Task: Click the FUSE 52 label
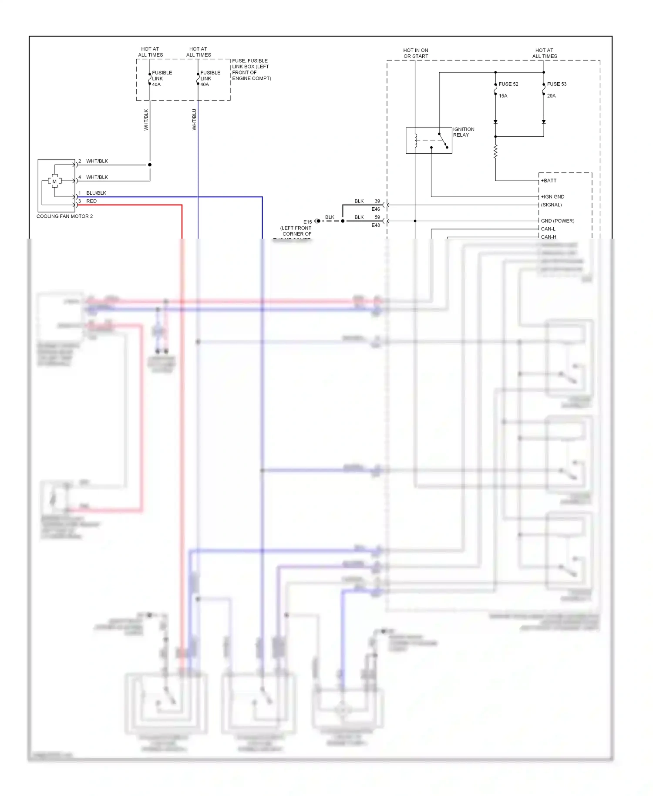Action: [x=508, y=84]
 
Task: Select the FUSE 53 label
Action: [x=556, y=84]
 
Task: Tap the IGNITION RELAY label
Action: [x=463, y=132]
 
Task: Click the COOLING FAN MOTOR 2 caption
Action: [x=64, y=216]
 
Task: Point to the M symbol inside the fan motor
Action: [x=54, y=181]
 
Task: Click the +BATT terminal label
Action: [x=549, y=181]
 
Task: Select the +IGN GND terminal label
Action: [x=552, y=197]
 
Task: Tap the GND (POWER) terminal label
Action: [x=557, y=221]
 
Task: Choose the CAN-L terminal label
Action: [x=548, y=229]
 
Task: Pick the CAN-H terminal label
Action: [x=549, y=237]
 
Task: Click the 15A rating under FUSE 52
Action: [x=503, y=96]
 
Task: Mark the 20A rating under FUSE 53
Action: [x=551, y=96]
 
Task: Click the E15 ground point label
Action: [x=307, y=222]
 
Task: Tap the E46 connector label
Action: [x=375, y=209]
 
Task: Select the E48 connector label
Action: [x=375, y=226]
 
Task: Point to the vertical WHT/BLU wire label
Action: [x=194, y=119]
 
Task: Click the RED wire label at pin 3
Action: [x=91, y=201]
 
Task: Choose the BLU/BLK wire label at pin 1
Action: [x=96, y=193]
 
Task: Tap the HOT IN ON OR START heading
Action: [x=415, y=53]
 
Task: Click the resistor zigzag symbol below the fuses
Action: [x=495, y=152]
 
